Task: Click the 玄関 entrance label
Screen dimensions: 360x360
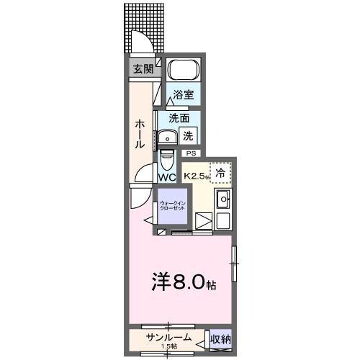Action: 143,69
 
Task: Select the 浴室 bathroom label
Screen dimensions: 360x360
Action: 182,94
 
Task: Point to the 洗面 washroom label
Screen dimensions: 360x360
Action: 179,118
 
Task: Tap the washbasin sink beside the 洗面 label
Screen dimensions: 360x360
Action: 170,136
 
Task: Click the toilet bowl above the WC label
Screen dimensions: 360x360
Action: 166,158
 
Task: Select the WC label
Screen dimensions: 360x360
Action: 167,176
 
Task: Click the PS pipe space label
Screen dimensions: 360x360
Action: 191,153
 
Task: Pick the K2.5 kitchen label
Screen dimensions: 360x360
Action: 195,175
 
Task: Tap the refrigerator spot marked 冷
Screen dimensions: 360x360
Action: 220,173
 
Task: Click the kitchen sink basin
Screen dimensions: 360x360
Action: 222,199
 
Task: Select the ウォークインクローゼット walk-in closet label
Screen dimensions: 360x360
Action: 172,206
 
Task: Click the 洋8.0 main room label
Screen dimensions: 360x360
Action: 184,282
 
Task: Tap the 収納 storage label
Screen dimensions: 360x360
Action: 221,338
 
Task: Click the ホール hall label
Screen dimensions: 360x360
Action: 140,134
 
